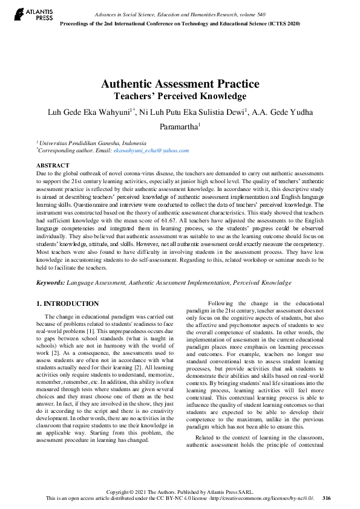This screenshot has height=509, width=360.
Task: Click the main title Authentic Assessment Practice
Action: tap(180, 84)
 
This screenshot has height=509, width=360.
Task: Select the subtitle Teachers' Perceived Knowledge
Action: tap(180, 96)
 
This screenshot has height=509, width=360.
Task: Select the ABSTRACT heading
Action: tap(53, 165)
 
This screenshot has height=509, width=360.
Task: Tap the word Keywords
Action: tap(50, 282)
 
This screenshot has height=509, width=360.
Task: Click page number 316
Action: tap(327, 498)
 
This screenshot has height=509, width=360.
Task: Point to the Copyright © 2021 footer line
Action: tap(180, 491)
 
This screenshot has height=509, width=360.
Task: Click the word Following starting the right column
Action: tap(221, 303)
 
